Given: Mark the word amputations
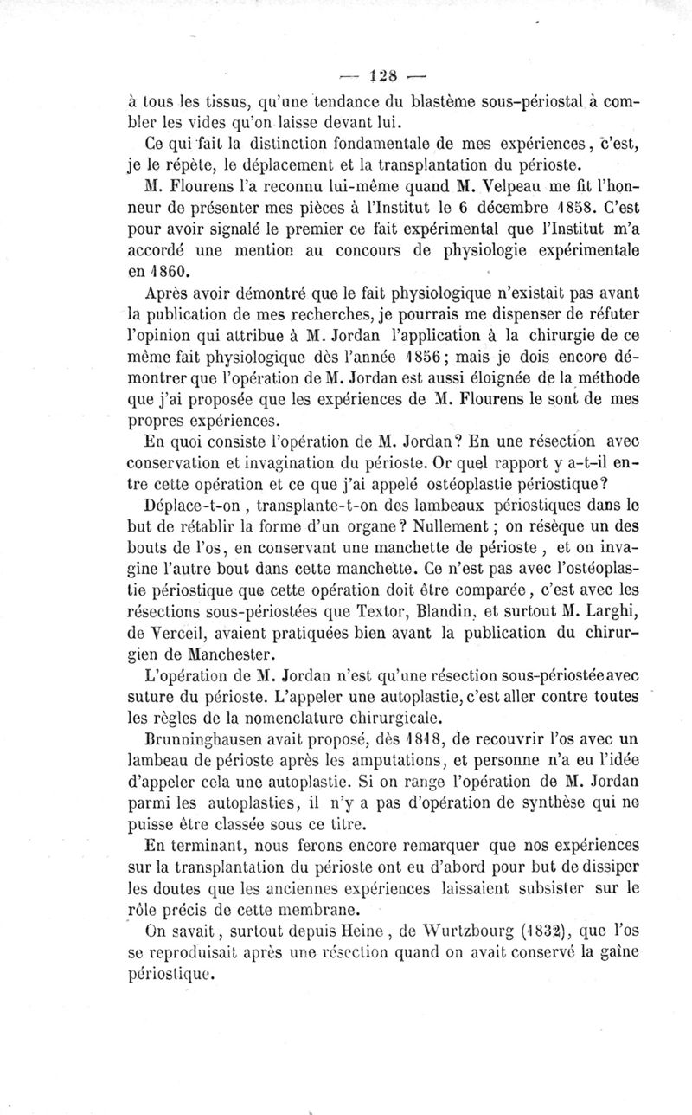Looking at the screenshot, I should tap(394, 757).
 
